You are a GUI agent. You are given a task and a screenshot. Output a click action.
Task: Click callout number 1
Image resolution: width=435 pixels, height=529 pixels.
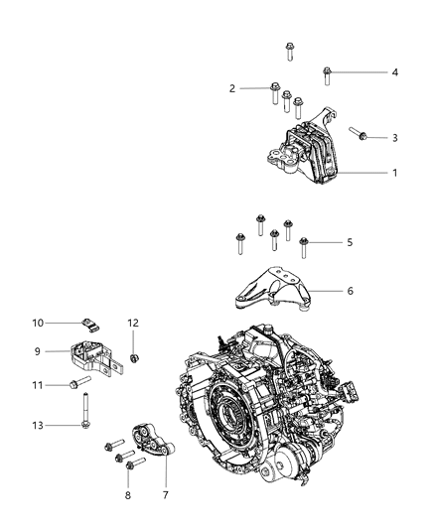coord(394,173)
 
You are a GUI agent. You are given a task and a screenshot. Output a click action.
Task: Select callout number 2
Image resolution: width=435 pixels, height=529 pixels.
coord(232,88)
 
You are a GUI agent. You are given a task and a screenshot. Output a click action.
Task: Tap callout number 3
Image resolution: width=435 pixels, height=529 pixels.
coord(394,138)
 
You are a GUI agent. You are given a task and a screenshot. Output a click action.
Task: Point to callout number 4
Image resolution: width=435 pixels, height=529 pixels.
coord(394,71)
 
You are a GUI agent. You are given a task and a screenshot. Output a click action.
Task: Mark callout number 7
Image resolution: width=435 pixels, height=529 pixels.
coord(165,493)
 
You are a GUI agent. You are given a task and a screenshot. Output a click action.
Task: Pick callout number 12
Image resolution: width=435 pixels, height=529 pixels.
coord(132,323)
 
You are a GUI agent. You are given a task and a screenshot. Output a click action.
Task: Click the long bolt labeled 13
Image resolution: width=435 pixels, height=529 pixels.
coord(90,412)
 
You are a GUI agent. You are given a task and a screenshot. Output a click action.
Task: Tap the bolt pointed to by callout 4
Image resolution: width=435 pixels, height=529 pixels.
coord(328,72)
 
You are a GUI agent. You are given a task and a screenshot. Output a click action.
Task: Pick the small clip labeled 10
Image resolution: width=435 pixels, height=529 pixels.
coord(89,323)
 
